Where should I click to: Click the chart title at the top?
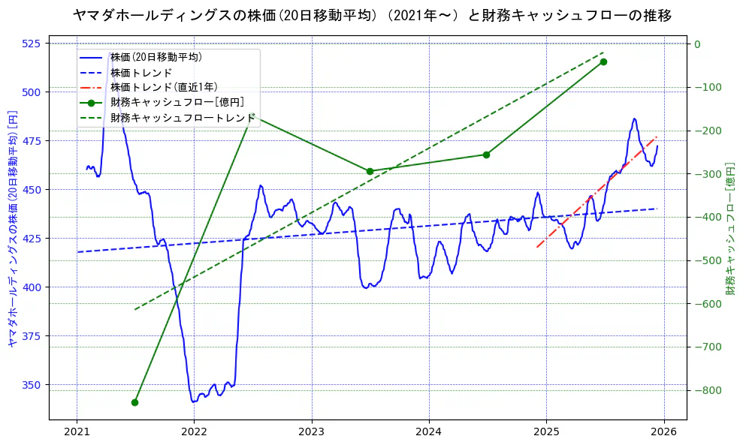tap(372, 15)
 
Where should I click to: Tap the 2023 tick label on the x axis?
tap(311, 431)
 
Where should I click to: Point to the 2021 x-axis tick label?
tap(77, 431)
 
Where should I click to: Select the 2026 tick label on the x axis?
tap(663, 431)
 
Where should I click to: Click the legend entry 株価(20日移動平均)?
tap(156, 57)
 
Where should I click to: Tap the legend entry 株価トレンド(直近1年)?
tap(164, 87)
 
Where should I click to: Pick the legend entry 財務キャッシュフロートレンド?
tap(183, 118)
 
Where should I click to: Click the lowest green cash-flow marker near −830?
tap(134, 403)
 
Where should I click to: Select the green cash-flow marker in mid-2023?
tap(370, 171)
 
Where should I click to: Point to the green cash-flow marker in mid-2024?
tap(486, 155)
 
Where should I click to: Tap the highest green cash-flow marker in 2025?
tap(603, 62)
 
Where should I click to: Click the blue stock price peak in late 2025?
tap(634, 119)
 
